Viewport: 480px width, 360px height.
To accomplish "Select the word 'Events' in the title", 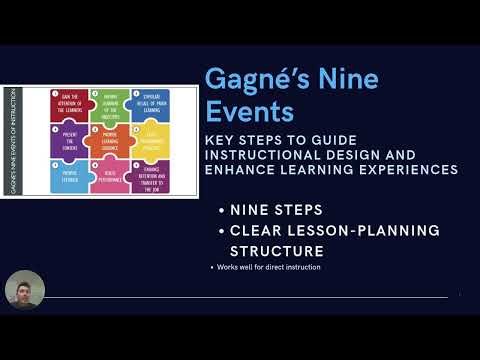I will click(246, 109).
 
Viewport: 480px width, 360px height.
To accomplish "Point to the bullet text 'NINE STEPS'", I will click(277, 211).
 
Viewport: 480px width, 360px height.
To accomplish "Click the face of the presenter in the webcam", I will click(23, 291).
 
